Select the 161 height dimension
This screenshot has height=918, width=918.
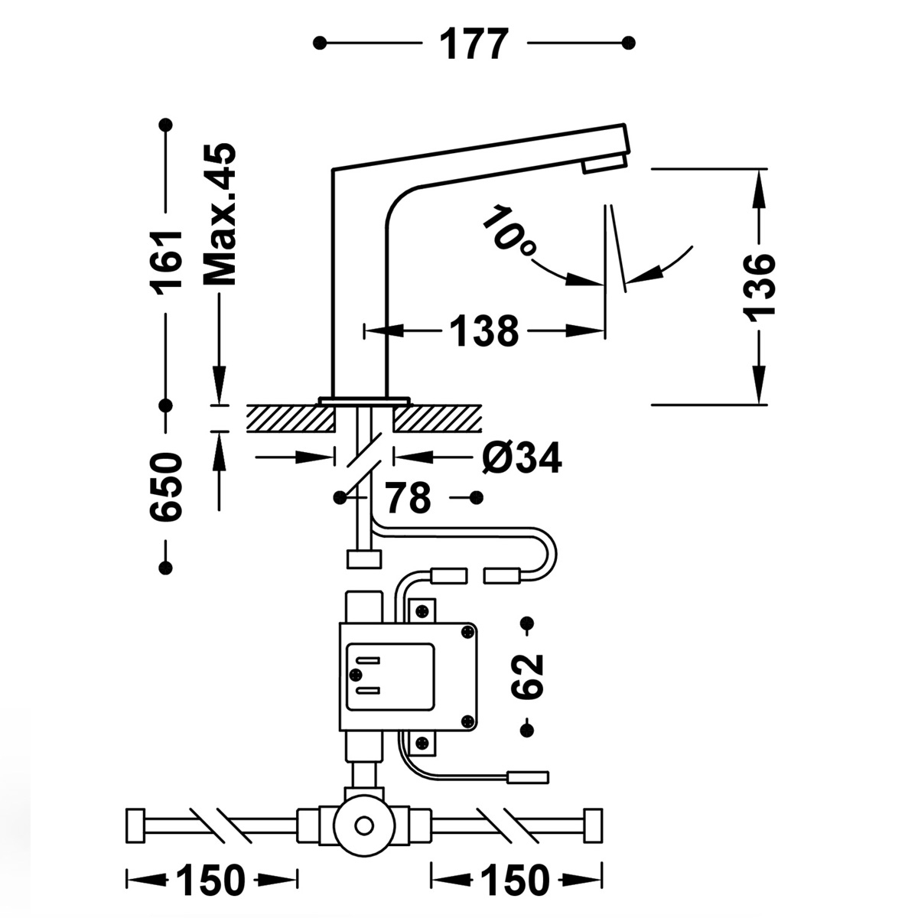[166, 260]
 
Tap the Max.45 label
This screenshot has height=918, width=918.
[220, 214]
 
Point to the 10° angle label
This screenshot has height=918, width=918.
[509, 230]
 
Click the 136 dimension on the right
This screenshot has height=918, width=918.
[758, 284]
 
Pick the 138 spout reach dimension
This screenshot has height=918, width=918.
[483, 331]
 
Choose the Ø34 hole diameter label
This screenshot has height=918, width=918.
[522, 458]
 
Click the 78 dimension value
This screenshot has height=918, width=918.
[409, 499]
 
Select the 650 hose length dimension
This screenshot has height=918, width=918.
[166, 487]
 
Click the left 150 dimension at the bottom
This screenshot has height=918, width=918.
[210, 881]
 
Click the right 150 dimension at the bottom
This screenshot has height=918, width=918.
[515, 881]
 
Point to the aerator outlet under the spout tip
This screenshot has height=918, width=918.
[604, 164]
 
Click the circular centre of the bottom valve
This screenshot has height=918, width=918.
[364, 826]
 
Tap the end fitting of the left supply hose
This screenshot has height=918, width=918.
[135, 825]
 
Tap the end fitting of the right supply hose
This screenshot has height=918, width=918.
[593, 825]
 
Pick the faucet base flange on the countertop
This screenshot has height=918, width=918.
[364, 400]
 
